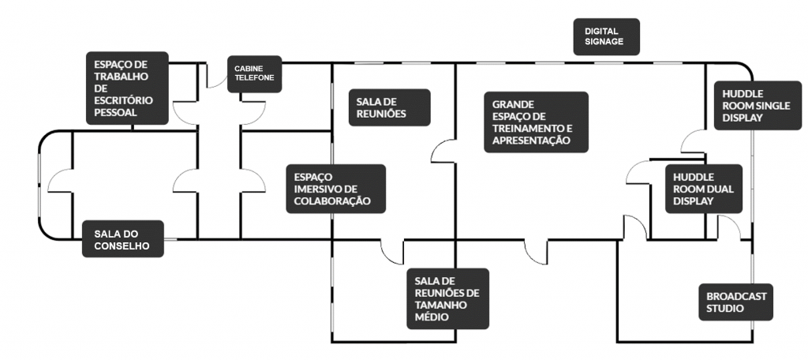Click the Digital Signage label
point(606,37)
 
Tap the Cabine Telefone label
point(254,74)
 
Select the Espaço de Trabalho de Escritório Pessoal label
point(127,88)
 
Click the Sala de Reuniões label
point(389,107)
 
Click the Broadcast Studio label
point(735,302)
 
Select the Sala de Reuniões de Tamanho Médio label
point(447,298)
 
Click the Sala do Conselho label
point(123,240)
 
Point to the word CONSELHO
point(122,246)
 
